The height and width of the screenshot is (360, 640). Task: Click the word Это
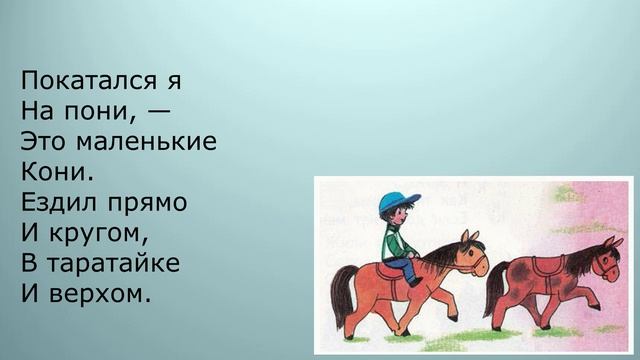[x=44, y=140]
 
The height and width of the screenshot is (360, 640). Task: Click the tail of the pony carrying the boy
[x=341, y=295]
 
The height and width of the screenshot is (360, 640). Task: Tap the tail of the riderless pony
[x=493, y=290]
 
